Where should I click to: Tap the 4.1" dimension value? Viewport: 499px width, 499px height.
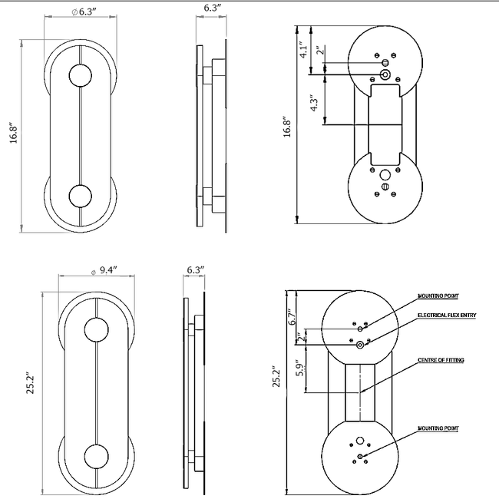point(303,51)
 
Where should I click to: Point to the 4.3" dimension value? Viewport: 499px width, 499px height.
point(312,104)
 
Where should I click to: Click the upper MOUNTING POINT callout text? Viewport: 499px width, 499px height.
point(438,296)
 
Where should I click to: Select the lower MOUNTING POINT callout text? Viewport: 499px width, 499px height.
point(438,429)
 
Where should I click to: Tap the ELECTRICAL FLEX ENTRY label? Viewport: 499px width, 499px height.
point(446,316)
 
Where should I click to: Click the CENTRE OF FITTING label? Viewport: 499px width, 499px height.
point(440,360)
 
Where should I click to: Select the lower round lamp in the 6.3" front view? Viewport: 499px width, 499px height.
point(80,196)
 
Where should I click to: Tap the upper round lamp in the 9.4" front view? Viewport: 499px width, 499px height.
point(97,331)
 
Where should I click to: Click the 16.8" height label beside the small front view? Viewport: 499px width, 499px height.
point(12,132)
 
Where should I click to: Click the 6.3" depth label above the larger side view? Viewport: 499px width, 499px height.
point(196,270)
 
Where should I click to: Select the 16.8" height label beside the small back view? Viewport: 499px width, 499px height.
point(287,127)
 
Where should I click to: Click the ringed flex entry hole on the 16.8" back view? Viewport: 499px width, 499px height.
point(385,74)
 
